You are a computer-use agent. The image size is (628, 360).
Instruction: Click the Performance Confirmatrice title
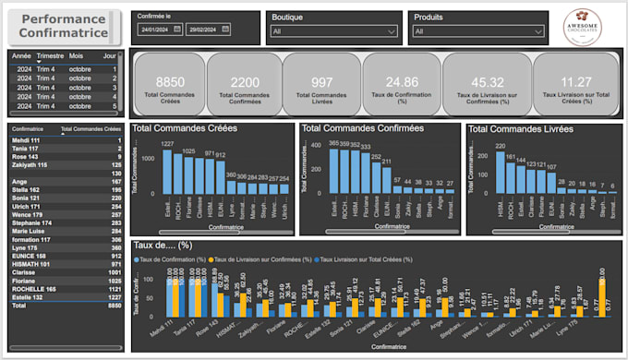63,26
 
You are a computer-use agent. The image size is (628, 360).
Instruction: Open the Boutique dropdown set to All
333,30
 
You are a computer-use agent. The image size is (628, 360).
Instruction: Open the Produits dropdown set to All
477,30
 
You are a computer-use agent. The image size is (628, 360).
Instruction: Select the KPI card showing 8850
168,84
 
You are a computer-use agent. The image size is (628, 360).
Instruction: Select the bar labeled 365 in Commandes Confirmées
334,172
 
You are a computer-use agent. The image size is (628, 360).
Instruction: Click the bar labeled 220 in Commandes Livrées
501,172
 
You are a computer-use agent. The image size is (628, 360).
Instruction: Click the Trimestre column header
50,55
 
